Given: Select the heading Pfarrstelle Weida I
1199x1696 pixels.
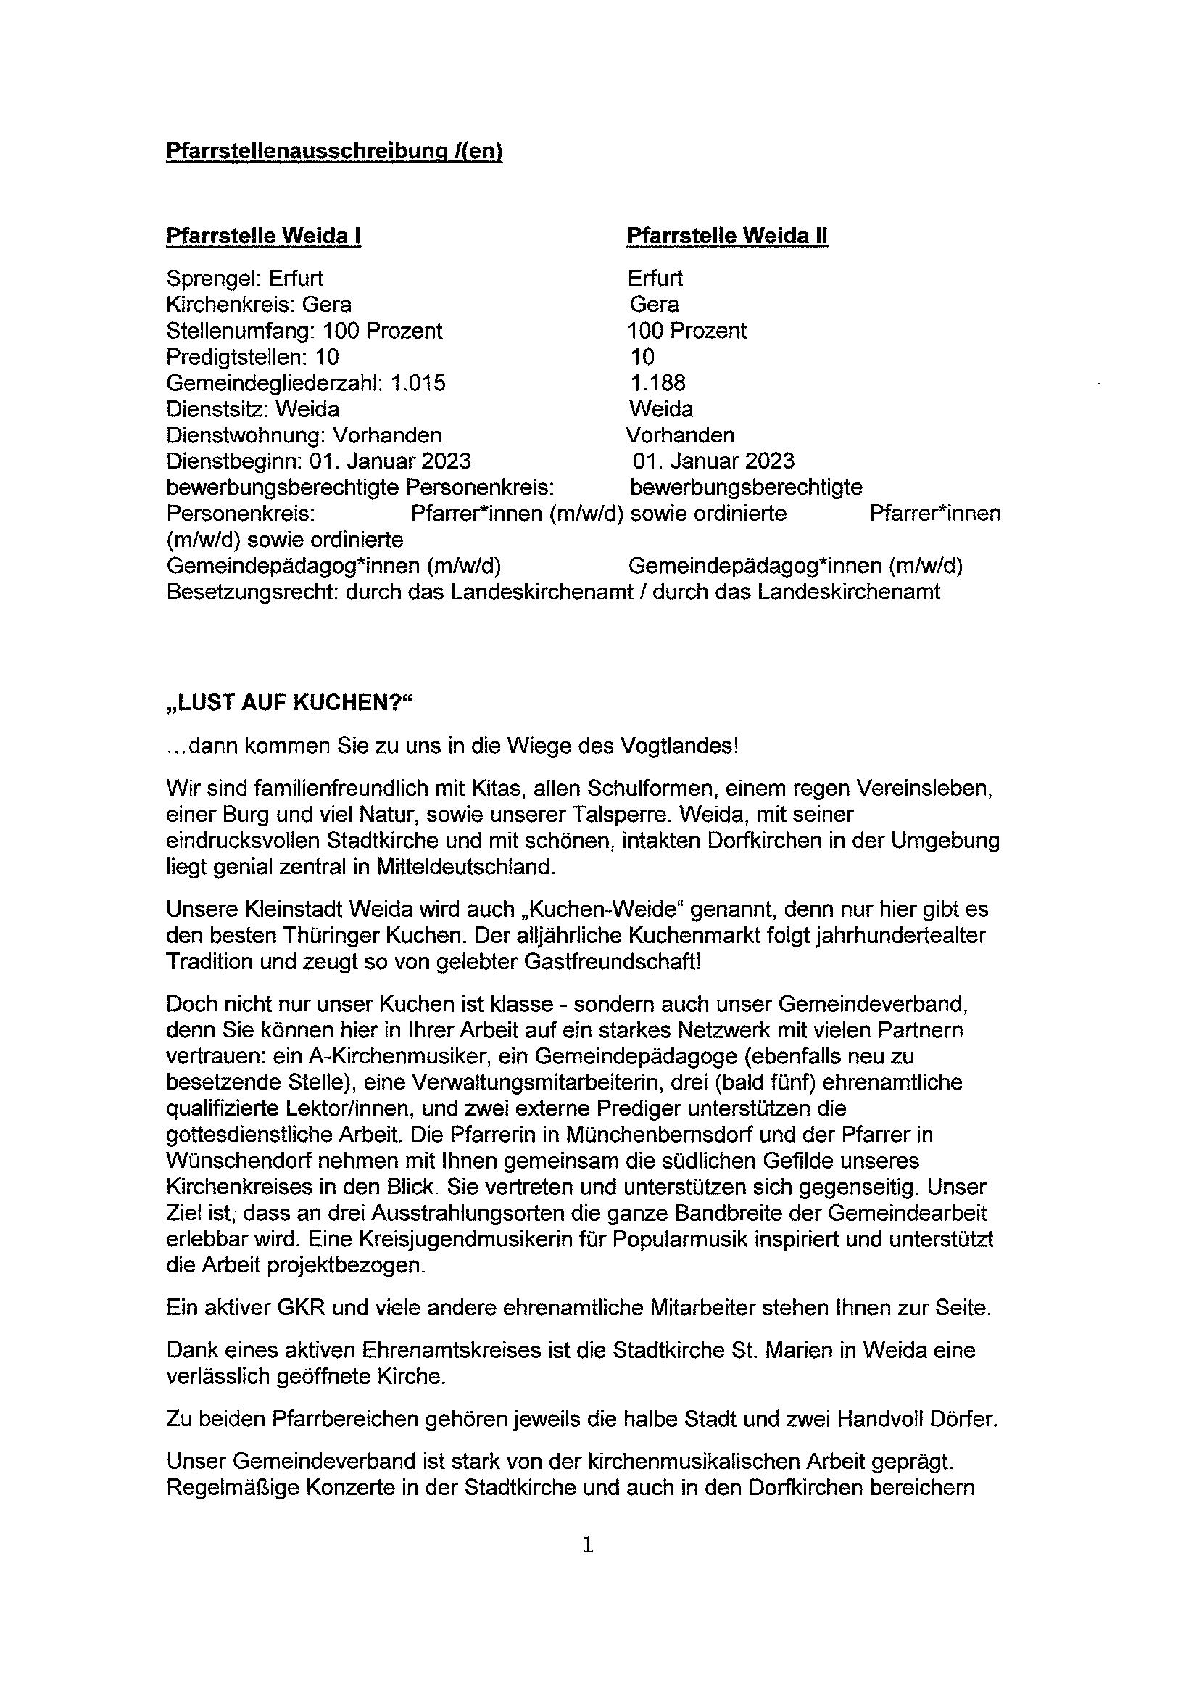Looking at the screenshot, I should point(264,236).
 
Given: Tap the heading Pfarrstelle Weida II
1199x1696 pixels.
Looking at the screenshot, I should point(727,236).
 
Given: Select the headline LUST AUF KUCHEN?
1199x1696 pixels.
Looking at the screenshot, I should point(287,702).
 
